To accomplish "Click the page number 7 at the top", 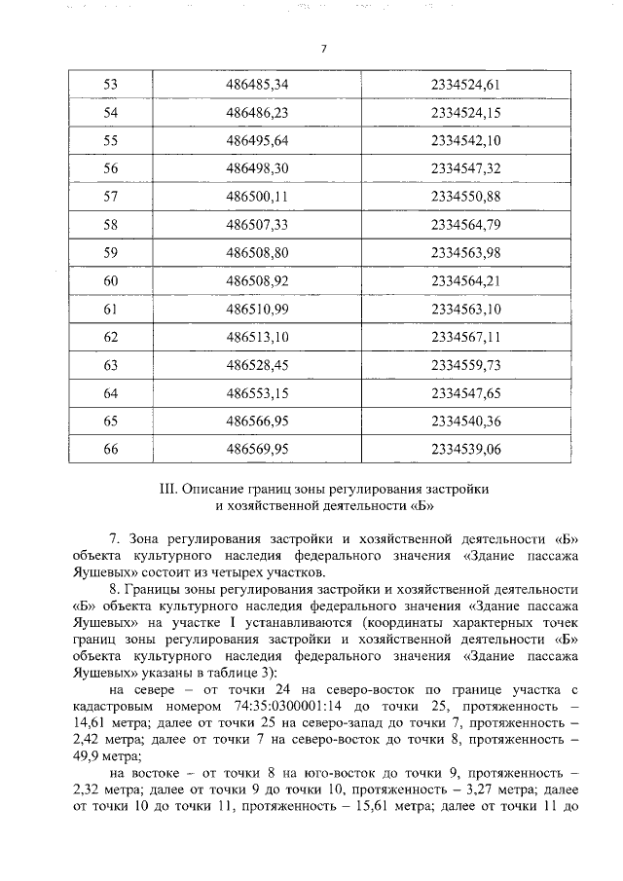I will point(322,48).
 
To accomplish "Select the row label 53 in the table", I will point(110,85).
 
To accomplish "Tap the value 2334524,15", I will point(465,113).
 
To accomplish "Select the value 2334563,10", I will point(465,310).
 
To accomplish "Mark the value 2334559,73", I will point(465,366).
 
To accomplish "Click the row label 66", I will point(110,451).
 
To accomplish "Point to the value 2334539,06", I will point(465,451).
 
